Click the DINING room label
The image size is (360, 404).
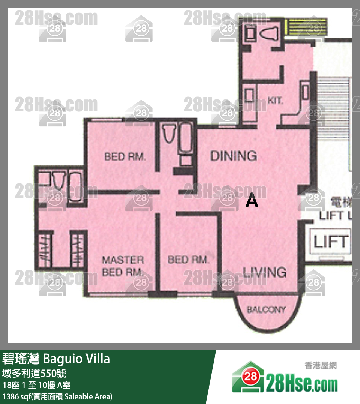tap(233, 155)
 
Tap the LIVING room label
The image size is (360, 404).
tap(265, 272)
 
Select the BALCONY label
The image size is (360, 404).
tap(266, 310)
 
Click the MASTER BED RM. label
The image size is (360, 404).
tap(123, 266)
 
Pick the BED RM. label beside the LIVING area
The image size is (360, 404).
tap(188, 260)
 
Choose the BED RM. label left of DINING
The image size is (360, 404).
tap(124, 156)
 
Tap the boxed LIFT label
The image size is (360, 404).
tap(331, 242)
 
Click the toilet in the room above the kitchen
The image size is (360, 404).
tap(270, 34)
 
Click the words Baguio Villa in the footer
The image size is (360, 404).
tap(76, 359)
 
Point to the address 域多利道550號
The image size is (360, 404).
tap(35, 373)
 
